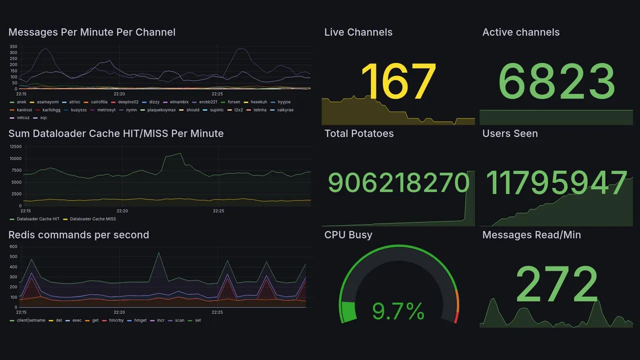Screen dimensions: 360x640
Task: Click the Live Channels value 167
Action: [x=398, y=81]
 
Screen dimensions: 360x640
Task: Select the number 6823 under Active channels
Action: [x=556, y=82]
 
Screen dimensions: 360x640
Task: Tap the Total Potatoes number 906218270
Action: [x=398, y=183]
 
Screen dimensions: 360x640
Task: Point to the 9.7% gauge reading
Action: [x=398, y=311]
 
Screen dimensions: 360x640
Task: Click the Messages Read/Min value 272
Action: [x=556, y=283]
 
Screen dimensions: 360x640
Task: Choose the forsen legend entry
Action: [x=233, y=102]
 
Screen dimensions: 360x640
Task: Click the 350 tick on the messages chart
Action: [x=13, y=46]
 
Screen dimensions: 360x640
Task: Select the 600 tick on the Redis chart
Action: [x=13, y=246]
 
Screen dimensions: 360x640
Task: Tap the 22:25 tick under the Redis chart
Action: [x=217, y=312]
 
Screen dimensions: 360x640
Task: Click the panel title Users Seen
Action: [x=510, y=133]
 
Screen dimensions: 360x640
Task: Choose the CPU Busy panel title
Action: [x=348, y=235]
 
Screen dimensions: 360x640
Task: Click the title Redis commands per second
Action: [x=78, y=235]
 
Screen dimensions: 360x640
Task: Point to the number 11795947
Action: [x=556, y=183]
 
